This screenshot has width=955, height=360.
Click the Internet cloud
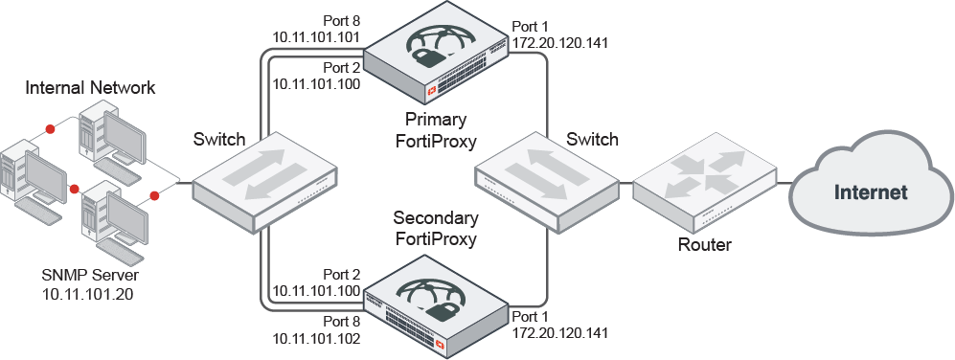pyautogui.click(x=869, y=191)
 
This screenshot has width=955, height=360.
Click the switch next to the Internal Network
pyautogui.click(x=265, y=182)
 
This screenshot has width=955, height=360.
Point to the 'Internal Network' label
pyautogui.click(x=91, y=88)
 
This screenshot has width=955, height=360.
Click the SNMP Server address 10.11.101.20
pyautogui.click(x=87, y=294)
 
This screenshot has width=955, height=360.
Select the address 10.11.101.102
pyautogui.click(x=316, y=338)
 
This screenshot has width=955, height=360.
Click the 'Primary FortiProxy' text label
pyautogui.click(x=437, y=131)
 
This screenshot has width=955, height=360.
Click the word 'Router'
pyautogui.click(x=704, y=245)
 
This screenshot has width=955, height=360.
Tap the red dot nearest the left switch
pyautogui.click(x=155, y=196)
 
